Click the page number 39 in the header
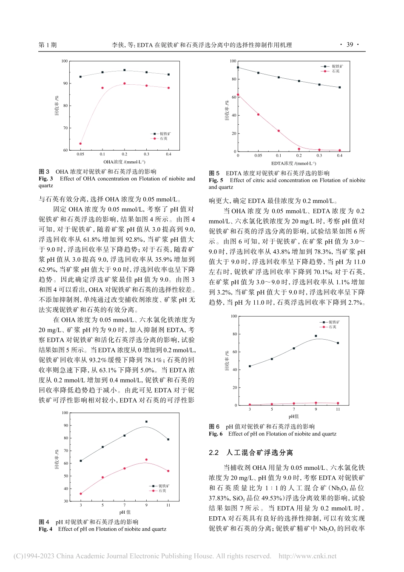click(x=350, y=45)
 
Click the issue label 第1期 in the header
click(x=47, y=45)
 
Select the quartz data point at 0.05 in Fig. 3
click(x=80, y=143)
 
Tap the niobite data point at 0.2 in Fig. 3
click(x=124, y=70)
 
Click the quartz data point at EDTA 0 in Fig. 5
click(x=238, y=94)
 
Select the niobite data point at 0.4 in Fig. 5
click(x=339, y=87)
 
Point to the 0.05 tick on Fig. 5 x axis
click(x=258, y=156)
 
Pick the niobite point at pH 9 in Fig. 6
click(x=316, y=336)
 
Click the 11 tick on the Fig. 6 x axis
click(x=338, y=409)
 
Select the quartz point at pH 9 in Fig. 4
click(x=146, y=460)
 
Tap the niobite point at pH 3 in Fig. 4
click(x=81, y=460)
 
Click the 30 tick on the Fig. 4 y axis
click(x=65, y=501)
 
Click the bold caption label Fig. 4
click(x=46, y=529)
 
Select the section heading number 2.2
click(x=213, y=453)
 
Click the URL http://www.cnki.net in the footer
click(x=307, y=556)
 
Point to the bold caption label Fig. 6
click(x=216, y=434)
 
